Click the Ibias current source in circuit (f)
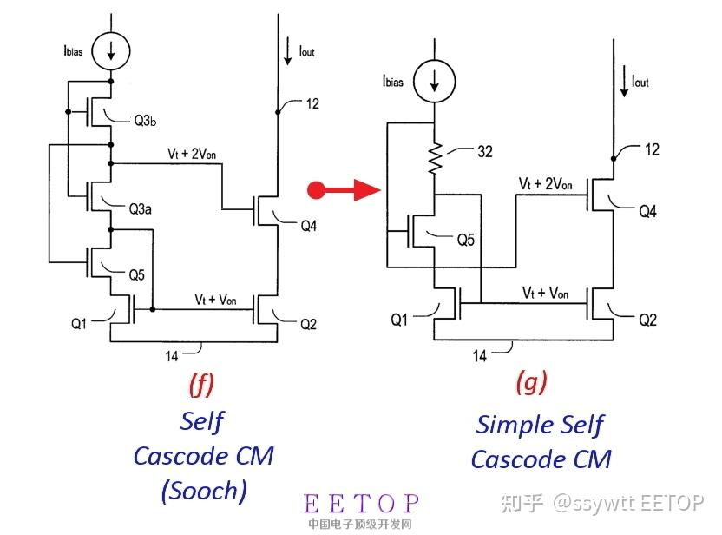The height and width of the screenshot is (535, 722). [110, 50]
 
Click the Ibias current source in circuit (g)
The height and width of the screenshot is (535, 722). [434, 81]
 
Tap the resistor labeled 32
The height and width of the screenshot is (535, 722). [434, 159]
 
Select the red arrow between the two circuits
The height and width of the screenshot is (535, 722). [344, 189]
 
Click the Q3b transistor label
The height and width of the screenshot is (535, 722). [145, 121]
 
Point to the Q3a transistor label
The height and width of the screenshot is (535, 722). [140, 209]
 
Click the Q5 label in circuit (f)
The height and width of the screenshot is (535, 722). [136, 275]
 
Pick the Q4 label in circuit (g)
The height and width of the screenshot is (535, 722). [647, 212]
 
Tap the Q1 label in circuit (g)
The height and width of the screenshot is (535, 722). [399, 320]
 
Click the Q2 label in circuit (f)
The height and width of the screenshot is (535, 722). [308, 325]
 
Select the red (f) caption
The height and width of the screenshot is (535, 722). [201, 385]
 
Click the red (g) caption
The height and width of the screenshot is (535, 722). [532, 382]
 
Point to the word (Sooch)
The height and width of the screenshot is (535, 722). [204, 491]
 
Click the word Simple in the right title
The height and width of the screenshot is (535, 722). [509, 425]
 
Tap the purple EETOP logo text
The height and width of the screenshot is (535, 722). [362, 503]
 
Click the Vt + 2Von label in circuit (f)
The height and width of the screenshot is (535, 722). [192, 154]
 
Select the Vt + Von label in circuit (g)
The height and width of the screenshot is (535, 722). [545, 293]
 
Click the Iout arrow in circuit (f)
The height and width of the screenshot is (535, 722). [288, 51]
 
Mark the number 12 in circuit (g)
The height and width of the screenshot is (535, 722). [652, 149]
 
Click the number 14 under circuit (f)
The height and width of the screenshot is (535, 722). [172, 356]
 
